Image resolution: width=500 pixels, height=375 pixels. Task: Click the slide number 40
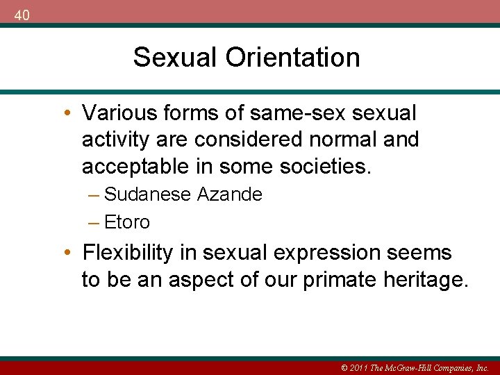(x=22, y=15)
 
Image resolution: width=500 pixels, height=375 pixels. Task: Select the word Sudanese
(x=147, y=194)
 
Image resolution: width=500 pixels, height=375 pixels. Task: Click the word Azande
(x=230, y=194)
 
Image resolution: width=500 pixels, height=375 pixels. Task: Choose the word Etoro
(x=127, y=222)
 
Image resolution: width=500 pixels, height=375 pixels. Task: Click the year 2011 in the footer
(x=356, y=368)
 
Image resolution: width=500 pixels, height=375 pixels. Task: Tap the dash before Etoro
(x=94, y=222)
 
